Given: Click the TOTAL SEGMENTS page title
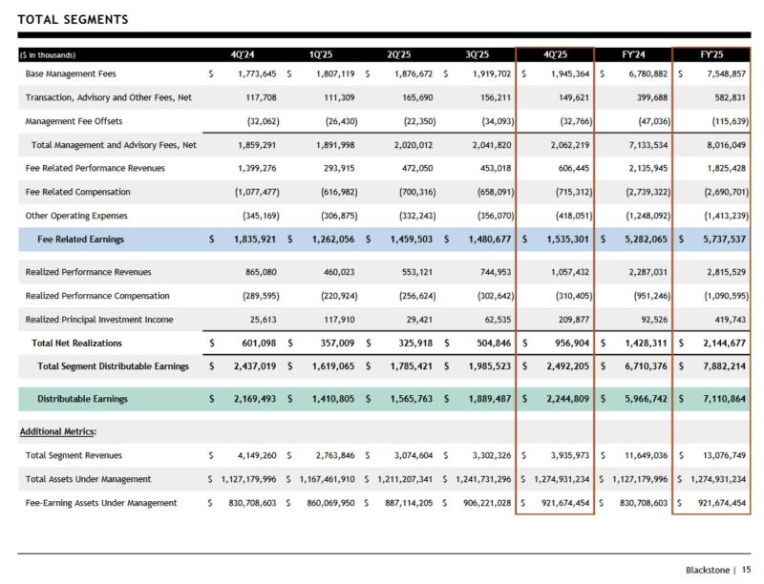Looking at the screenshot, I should [x=74, y=20].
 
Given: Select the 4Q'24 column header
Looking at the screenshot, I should [x=243, y=54].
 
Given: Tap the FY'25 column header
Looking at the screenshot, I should [x=711, y=54].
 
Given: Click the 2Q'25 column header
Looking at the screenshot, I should [x=399, y=54].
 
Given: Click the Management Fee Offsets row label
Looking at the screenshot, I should [x=74, y=121].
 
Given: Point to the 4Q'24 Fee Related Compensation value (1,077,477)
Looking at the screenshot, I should [x=250, y=192].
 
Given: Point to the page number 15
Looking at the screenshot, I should [x=747, y=570].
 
